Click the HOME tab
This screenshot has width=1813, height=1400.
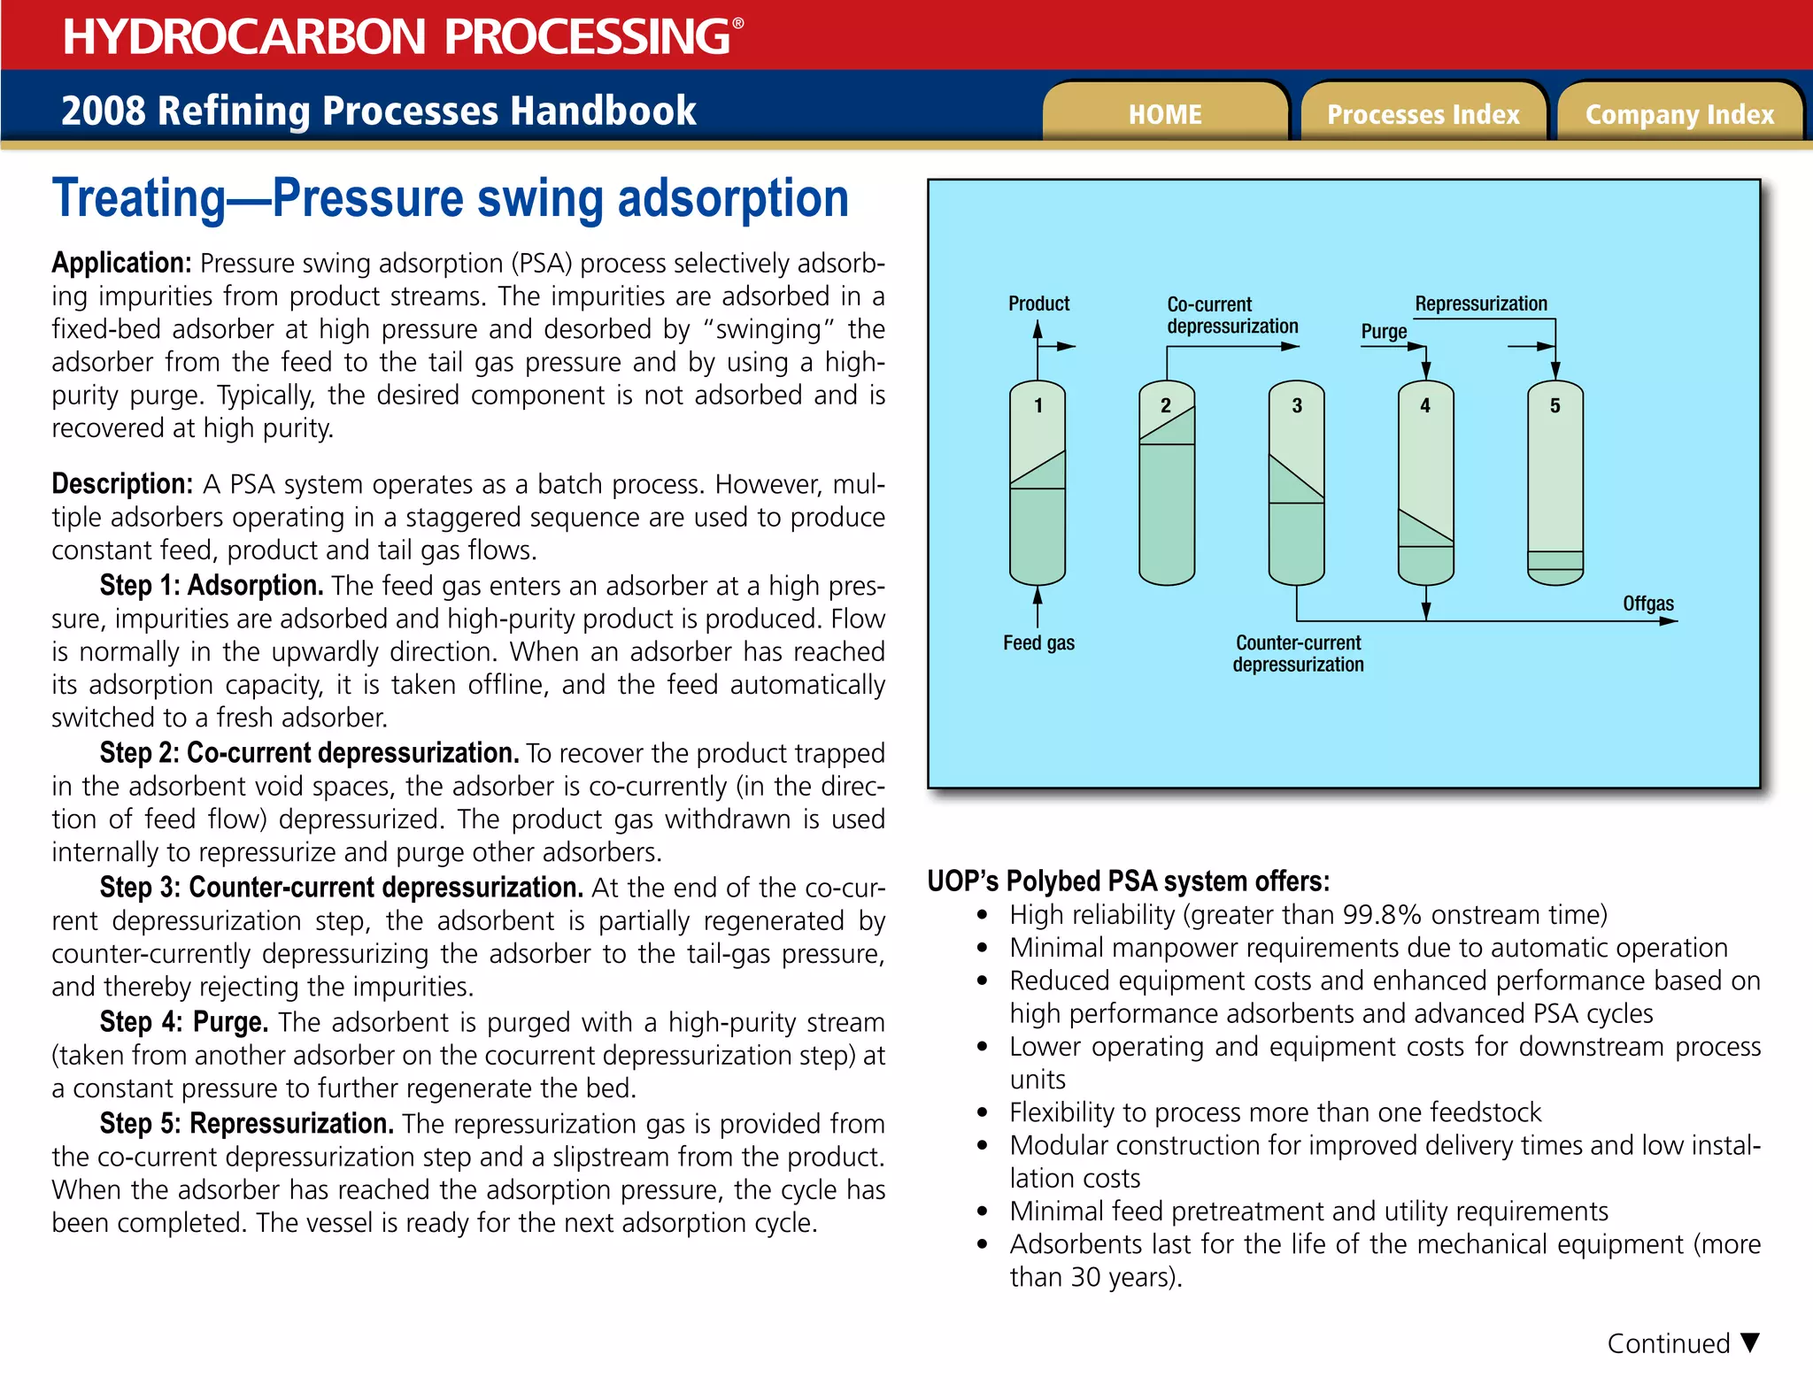tap(1164, 114)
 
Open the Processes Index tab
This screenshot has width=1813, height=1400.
tap(1423, 114)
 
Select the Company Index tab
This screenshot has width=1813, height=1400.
tap(1679, 114)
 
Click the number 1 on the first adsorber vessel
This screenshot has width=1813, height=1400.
tap(1038, 405)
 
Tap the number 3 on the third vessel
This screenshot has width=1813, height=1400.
tap(1297, 405)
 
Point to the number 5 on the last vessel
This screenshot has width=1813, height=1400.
tap(1555, 405)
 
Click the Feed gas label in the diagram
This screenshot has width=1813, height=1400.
tap(1038, 643)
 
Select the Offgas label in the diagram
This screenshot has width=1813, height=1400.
tap(1647, 604)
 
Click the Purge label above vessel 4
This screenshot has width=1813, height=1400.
tap(1384, 332)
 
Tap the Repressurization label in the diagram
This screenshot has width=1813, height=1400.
tap(1480, 304)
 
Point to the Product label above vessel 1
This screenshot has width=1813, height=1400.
tap(1038, 304)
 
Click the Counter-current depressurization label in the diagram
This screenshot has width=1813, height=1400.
tap(1298, 653)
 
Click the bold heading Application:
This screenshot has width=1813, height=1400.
tap(121, 263)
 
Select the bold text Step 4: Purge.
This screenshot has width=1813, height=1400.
tap(183, 1022)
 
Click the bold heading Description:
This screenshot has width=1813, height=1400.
tap(122, 484)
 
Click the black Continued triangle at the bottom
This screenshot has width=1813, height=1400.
tap(1749, 1342)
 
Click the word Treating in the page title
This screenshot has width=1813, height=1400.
tap(139, 198)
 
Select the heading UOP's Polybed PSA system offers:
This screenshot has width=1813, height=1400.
tap(1128, 881)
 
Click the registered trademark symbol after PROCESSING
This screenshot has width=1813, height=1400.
tap(738, 24)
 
